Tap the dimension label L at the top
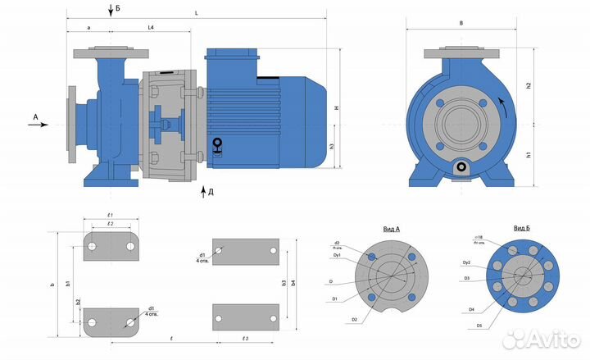[x=197, y=12]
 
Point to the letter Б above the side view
[x=118, y=7]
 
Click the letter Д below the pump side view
[x=211, y=192]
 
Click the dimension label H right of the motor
[x=337, y=108]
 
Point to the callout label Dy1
[x=336, y=255]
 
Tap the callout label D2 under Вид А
[x=354, y=317]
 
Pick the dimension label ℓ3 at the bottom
[x=245, y=339]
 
